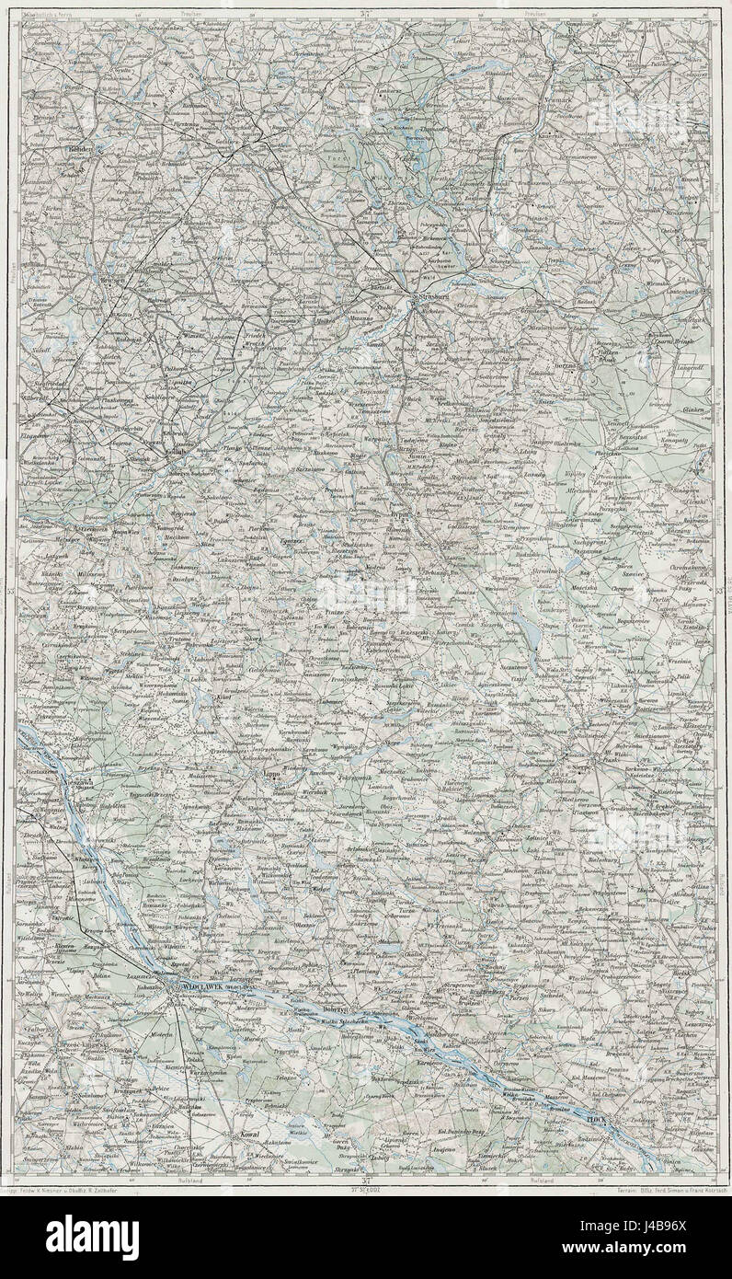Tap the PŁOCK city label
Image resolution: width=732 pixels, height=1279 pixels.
[599, 1120]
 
